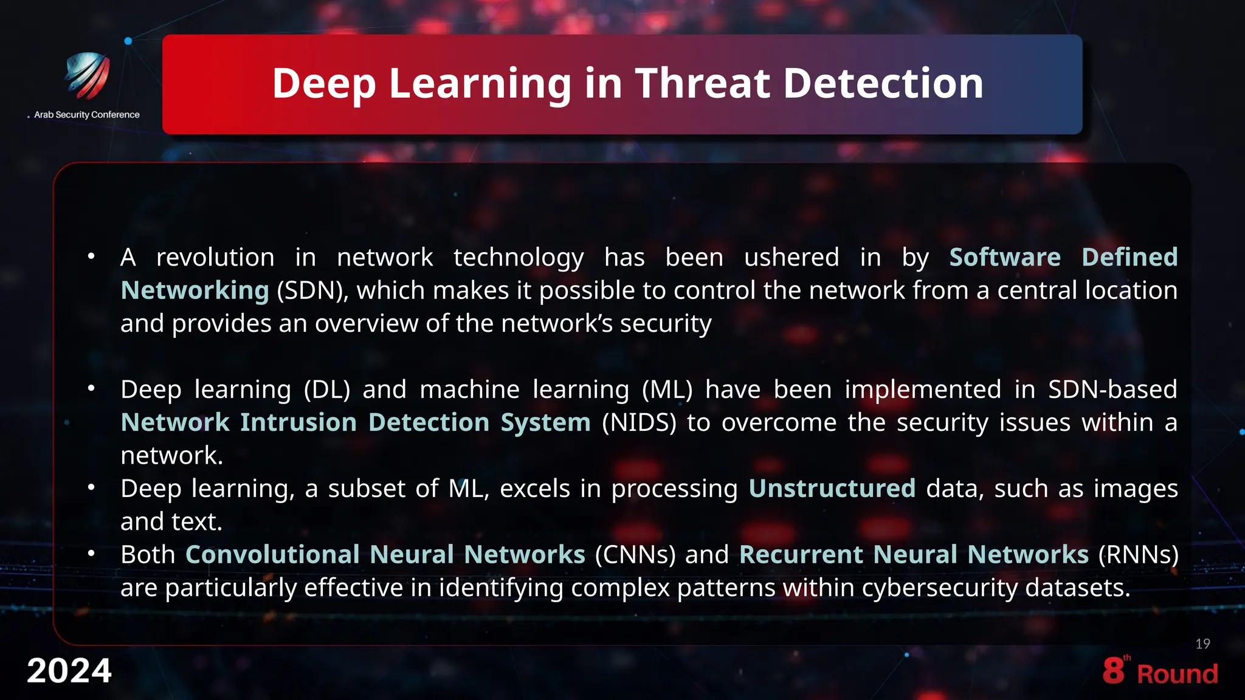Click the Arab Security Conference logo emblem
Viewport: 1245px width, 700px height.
(88, 75)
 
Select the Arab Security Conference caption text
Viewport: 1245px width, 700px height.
(86, 115)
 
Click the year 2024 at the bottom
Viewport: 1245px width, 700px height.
(69, 671)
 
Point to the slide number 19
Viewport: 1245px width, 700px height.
(1202, 644)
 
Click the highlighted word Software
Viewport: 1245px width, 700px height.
(1005, 257)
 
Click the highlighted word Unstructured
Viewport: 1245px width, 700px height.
(832, 489)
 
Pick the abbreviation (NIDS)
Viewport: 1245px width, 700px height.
(639, 422)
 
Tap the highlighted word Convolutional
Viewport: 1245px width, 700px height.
(273, 555)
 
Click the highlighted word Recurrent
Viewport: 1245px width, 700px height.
(801, 555)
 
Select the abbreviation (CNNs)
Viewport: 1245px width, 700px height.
(635, 555)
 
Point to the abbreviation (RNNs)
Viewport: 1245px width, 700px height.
(1138, 555)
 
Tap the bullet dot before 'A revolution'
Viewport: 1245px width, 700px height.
(91, 256)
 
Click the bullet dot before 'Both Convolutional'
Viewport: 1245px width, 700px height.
(91, 554)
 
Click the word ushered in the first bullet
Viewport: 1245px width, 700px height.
(791, 257)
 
